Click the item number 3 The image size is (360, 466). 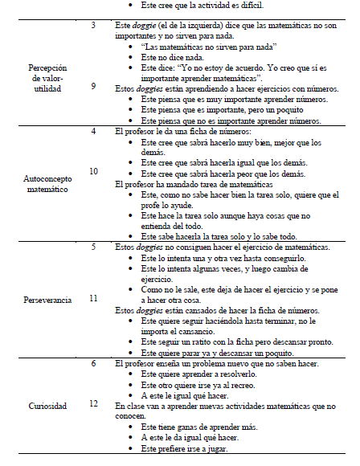pyautogui.click(x=94, y=27)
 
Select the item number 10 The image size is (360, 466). pyautogui.click(x=94, y=171)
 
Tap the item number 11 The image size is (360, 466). pyautogui.click(x=94, y=298)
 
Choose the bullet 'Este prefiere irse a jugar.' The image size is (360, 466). pyautogui.click(x=184, y=448)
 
